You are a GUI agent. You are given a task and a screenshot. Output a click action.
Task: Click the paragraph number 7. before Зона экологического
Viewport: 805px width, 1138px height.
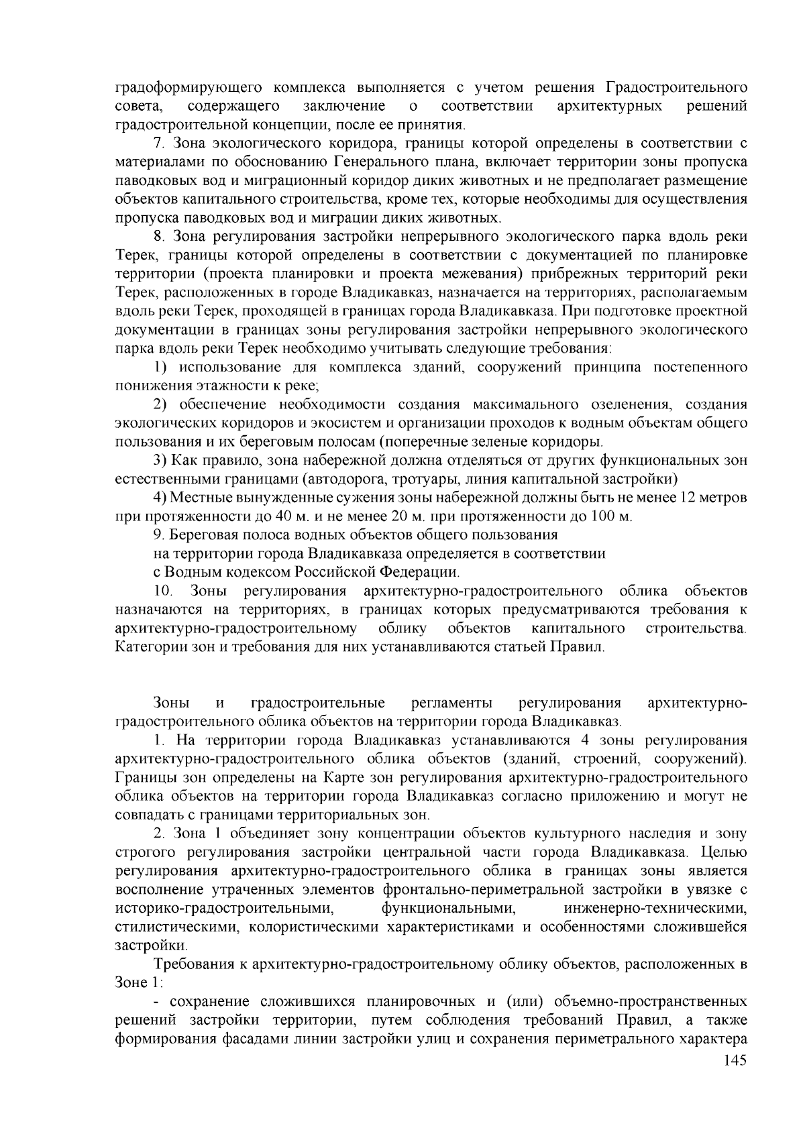[160, 144]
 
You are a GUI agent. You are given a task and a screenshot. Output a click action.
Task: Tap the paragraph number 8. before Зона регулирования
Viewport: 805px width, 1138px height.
[160, 237]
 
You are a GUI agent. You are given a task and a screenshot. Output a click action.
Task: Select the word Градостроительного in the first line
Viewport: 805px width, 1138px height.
[677, 88]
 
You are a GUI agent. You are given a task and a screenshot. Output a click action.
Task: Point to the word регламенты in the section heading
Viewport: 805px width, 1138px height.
[451, 703]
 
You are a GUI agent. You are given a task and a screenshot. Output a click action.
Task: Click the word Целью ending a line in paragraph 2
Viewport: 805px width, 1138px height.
[723, 852]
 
